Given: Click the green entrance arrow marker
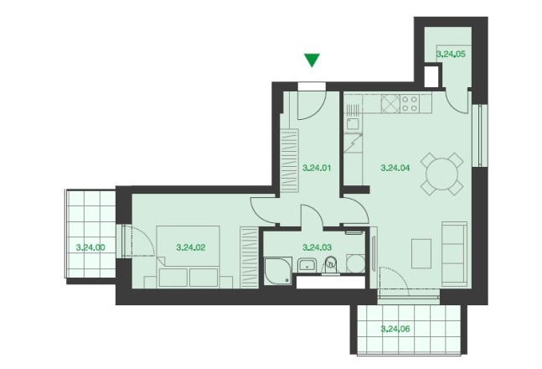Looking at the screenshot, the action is click(312, 60).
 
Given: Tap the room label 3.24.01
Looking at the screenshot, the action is click(317, 169).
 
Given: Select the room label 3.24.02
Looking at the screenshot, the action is click(191, 247).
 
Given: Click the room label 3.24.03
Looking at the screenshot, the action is click(317, 247).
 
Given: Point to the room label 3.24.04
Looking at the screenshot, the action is click(395, 169).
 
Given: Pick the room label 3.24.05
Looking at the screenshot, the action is click(451, 54).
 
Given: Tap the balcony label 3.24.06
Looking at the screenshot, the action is click(395, 329).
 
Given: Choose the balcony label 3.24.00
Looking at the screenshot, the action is click(90, 247).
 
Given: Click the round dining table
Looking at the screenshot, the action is click(442, 174).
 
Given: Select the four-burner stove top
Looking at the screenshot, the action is click(410, 103).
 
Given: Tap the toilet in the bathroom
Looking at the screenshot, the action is click(331, 266).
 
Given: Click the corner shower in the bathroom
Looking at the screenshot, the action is click(278, 271).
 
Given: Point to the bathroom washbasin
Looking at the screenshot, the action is click(307, 266).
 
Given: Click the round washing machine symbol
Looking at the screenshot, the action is click(356, 264).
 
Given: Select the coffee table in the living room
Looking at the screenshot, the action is click(421, 253).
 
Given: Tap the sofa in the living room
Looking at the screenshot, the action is click(455, 254).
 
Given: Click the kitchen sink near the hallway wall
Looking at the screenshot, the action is click(353, 124).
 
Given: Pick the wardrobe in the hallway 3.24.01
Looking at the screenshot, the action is click(289, 161).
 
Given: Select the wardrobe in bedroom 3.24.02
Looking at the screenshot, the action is click(250, 257).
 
